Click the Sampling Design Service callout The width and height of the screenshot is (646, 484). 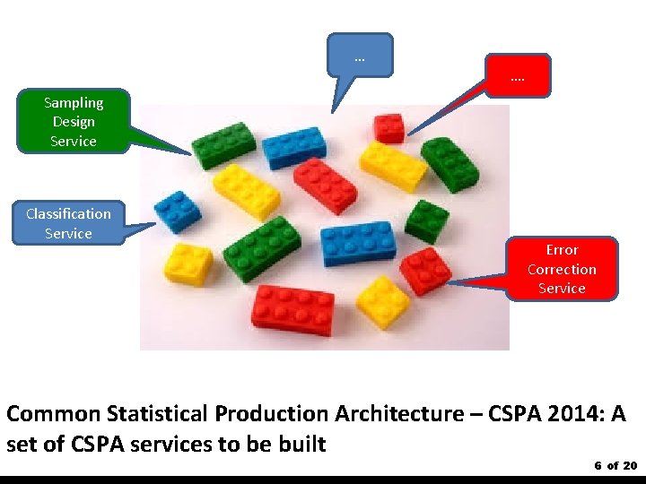coord(74,122)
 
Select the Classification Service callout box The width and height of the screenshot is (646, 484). coord(68,223)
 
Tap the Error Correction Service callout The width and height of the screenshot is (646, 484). coord(562,269)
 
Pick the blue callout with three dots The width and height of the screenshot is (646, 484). coord(360,57)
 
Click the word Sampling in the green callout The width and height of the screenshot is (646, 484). coord(74,103)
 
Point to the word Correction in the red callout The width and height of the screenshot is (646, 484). coord(562,269)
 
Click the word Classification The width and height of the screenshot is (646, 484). coord(68,213)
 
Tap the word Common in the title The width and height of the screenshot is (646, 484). coord(53,414)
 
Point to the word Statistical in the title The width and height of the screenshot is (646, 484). coord(158,414)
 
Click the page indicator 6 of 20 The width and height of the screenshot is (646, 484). coord(615,465)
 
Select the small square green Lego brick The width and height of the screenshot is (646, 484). coord(426,220)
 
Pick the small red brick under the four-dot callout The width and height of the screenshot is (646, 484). coord(389,128)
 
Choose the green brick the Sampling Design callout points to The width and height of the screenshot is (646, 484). coord(224,143)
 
